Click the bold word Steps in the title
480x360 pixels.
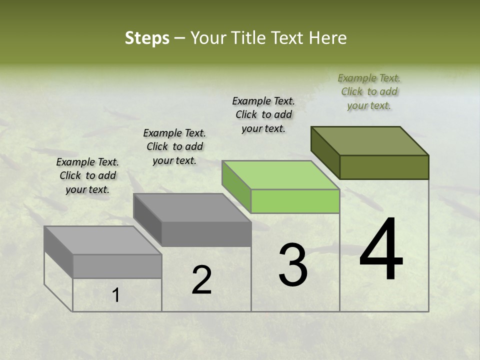point(147,38)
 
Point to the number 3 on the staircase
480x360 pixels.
point(293,264)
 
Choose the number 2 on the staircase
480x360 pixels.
point(201,280)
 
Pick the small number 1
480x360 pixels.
point(116,295)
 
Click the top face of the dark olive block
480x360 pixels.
point(370,140)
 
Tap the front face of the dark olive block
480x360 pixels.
point(384,167)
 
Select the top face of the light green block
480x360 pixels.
point(281,175)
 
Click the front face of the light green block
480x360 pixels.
point(295,201)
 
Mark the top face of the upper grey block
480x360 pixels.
point(192,207)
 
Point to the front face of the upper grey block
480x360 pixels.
point(206,234)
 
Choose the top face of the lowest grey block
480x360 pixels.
point(103,240)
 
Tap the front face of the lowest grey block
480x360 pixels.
point(117,266)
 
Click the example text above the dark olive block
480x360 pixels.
point(369,92)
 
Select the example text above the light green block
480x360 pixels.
point(263,115)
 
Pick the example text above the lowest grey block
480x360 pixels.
point(87,176)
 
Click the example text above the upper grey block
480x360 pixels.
point(174,147)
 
